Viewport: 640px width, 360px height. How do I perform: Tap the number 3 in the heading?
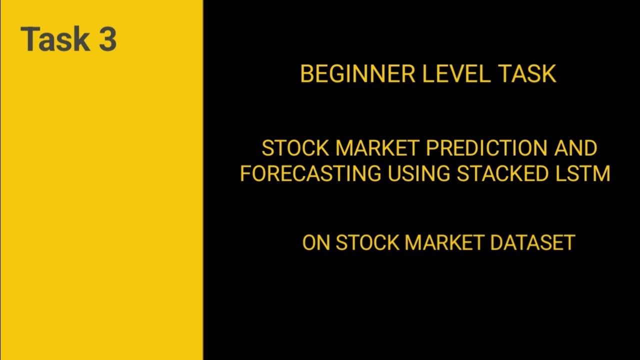click(x=107, y=39)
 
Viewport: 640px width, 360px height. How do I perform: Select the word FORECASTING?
click(x=310, y=173)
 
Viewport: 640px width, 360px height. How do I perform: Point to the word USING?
click(x=417, y=173)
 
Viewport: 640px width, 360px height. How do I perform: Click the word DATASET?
click(x=532, y=242)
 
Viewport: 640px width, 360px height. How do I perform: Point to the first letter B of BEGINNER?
click(x=306, y=74)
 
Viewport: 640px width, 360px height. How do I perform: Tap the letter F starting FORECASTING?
click(x=245, y=173)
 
